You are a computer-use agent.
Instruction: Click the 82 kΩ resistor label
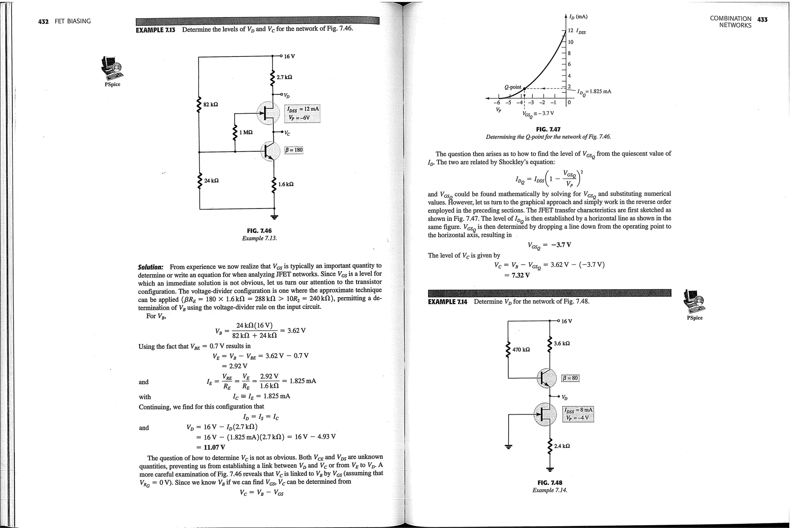tap(211, 104)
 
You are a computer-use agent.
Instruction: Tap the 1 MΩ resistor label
tap(246, 132)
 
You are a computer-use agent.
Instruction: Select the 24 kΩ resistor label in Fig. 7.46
tap(211, 181)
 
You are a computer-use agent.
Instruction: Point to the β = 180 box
tap(294, 150)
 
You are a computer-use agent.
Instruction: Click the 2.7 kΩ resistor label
tap(284, 77)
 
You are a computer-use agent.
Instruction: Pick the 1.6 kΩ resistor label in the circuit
tap(286, 184)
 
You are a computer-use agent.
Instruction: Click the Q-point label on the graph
tap(513, 87)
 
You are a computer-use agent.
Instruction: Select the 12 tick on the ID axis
tap(570, 31)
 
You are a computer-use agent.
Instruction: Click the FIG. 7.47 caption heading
tap(548, 130)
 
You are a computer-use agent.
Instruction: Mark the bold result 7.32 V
tap(520, 275)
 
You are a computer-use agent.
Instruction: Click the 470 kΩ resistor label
tap(521, 350)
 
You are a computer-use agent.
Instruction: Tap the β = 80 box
tap(570, 378)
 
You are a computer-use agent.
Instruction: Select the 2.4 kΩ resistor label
tap(562, 446)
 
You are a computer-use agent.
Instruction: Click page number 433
tap(762, 19)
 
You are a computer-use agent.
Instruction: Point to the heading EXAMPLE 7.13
tap(155, 30)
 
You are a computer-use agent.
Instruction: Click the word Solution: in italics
tap(151, 267)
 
